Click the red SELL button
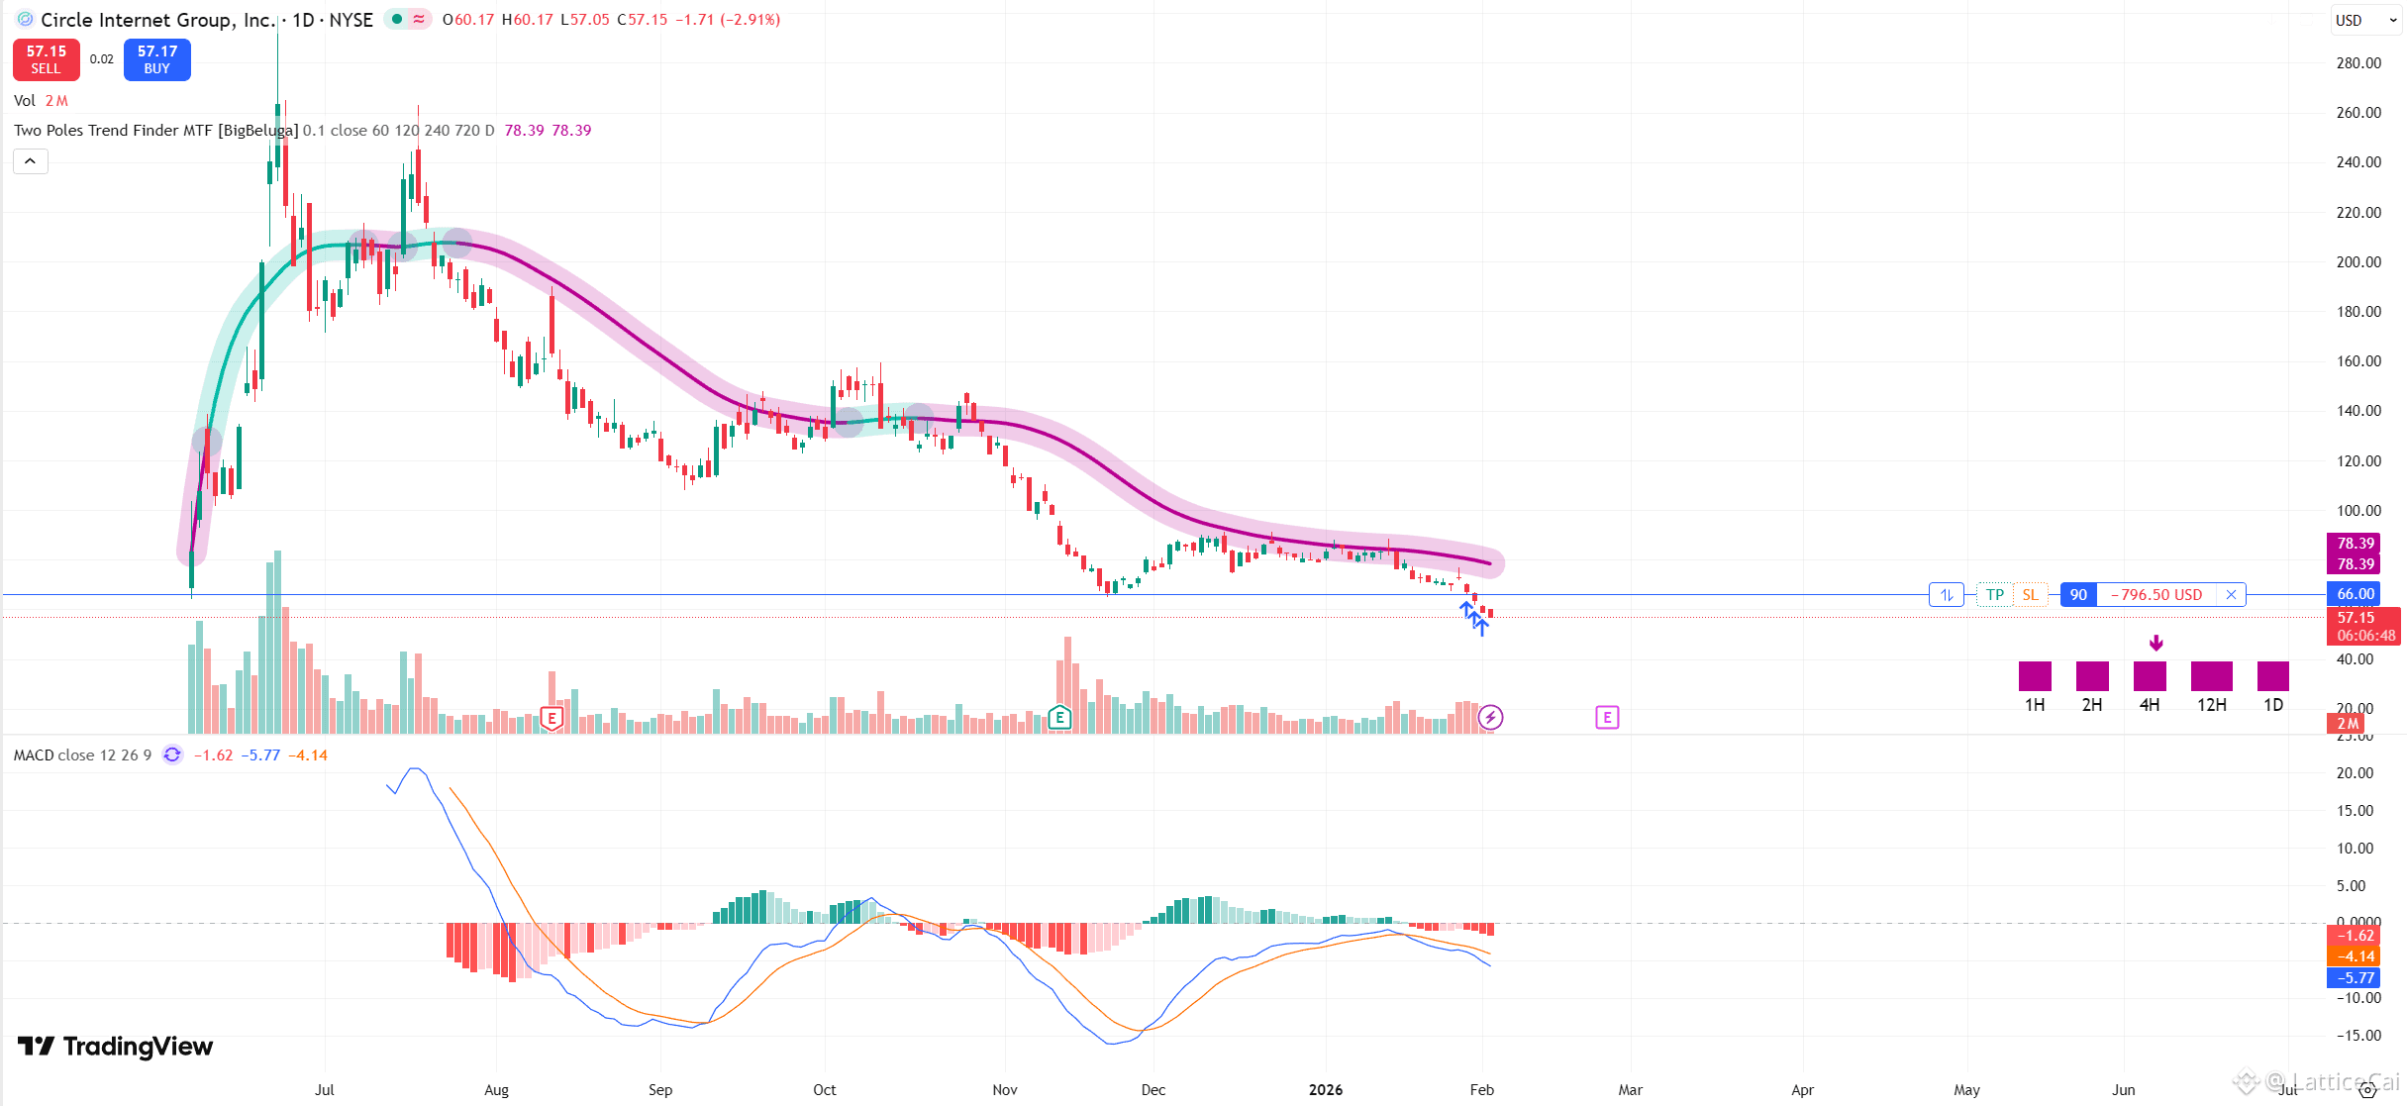(46, 59)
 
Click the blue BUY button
(156, 59)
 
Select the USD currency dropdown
(2360, 20)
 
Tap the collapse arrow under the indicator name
(31, 161)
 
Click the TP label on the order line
(1994, 595)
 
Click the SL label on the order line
(2030, 595)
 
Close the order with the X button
(2231, 595)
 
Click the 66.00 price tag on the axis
(2355, 594)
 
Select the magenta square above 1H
(2035, 676)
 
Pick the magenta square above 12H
(2211, 676)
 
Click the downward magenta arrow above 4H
(2156, 644)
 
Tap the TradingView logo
(116, 1047)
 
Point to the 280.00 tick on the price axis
(2357, 63)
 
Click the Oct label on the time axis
(824, 1090)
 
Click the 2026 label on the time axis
(1325, 1090)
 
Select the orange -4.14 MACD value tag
(2355, 956)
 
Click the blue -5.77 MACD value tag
(2355, 978)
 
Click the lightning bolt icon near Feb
(1490, 717)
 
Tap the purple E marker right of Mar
(1607, 717)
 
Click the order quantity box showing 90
(2078, 595)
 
